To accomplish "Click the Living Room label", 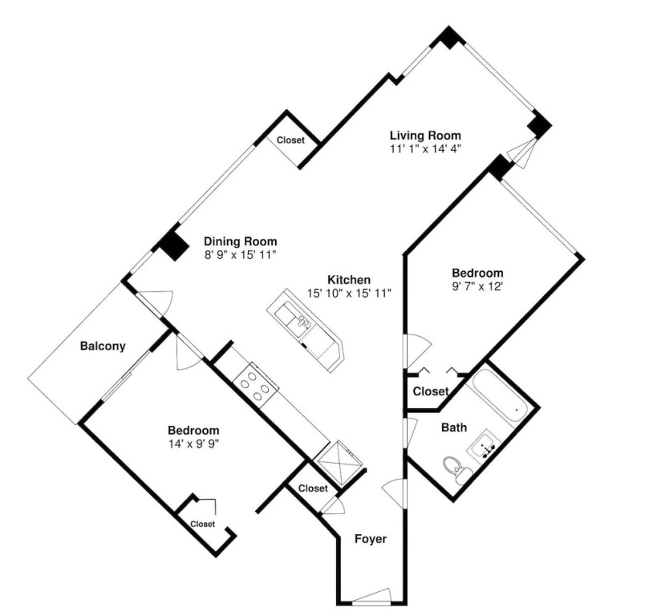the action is (x=425, y=136).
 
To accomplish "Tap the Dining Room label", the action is (x=240, y=241).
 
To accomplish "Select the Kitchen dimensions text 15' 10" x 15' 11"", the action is (x=349, y=294).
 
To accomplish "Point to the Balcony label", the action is (x=103, y=346).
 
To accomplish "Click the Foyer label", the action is (x=371, y=539).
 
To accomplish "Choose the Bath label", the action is (x=454, y=428).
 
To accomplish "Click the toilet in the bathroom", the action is (x=456, y=470).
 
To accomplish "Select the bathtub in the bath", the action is (x=498, y=398).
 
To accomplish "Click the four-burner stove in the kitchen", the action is (x=255, y=385).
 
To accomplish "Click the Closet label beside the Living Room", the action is (x=290, y=140).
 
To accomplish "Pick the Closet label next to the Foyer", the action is (x=313, y=488).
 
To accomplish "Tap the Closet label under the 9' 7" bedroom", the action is (x=431, y=391).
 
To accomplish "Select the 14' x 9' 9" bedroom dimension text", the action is (x=193, y=444).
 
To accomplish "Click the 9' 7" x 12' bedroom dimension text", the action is (x=477, y=286).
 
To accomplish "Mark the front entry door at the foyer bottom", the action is (x=371, y=597).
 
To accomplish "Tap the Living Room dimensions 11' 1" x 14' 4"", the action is (x=425, y=148).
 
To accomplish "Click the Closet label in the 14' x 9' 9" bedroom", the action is (x=203, y=524).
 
